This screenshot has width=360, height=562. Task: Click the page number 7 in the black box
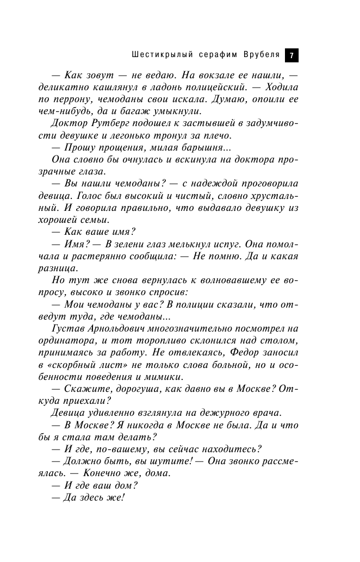pyautogui.click(x=291, y=55)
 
